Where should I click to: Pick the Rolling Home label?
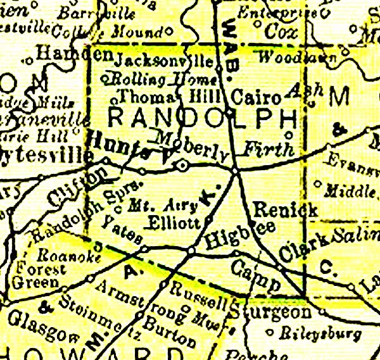click(x=161, y=79)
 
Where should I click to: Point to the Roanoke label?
click(x=57, y=256)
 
